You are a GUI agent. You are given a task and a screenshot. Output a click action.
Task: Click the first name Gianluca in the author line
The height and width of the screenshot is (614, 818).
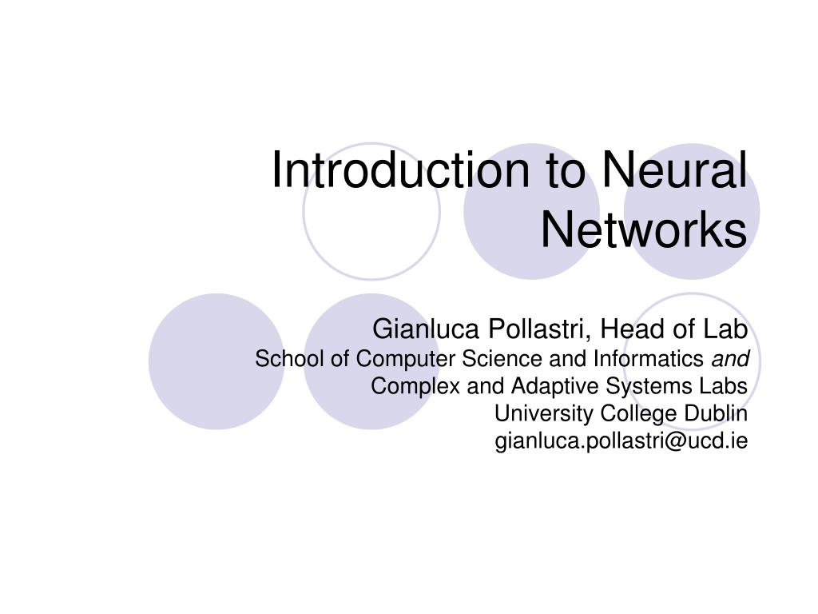tap(426, 329)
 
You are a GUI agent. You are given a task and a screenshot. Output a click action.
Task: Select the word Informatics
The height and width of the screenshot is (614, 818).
tap(649, 359)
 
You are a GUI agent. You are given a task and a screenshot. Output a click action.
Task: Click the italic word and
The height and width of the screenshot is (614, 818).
tap(730, 359)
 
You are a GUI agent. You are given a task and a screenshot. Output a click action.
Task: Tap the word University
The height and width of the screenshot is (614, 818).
tap(544, 413)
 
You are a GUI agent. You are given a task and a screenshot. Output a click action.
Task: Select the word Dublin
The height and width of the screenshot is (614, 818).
tap(716, 413)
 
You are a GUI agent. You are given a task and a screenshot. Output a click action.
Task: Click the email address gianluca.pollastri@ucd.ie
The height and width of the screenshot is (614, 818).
tap(621, 441)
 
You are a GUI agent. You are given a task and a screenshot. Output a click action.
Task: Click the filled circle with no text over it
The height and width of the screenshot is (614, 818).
tap(216, 361)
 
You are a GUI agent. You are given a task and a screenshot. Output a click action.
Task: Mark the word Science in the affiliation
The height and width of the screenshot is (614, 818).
tap(501, 359)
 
